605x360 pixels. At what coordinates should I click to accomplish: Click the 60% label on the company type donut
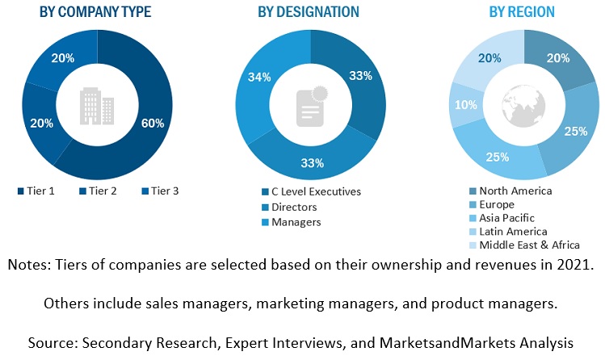point(153,123)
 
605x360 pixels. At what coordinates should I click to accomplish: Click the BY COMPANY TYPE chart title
point(96,12)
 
